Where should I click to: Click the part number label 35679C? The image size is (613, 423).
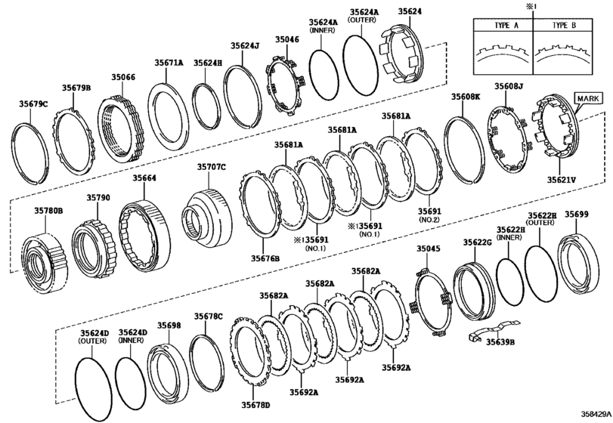pyautogui.click(x=33, y=104)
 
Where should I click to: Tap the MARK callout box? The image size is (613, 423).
pyautogui.click(x=588, y=98)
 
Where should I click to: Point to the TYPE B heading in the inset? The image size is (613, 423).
pyautogui.click(x=564, y=26)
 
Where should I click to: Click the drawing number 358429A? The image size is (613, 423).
pyautogui.click(x=596, y=414)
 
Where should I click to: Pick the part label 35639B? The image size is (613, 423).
pyautogui.click(x=500, y=342)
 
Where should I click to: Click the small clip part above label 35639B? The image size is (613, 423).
pyautogui.click(x=494, y=329)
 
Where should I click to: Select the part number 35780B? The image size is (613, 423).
pyautogui.click(x=48, y=211)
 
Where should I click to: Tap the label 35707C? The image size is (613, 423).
pyautogui.click(x=211, y=167)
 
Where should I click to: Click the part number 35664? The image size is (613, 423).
pyautogui.click(x=144, y=178)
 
